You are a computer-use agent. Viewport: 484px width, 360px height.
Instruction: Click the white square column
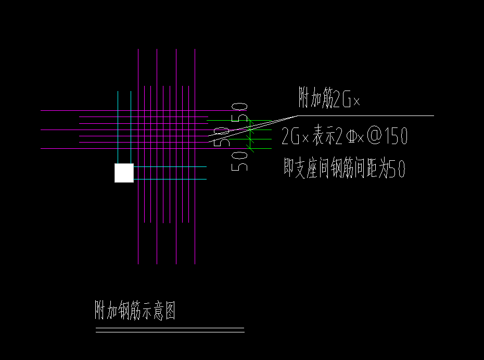[x=124, y=173]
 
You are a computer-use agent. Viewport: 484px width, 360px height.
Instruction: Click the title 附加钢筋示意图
[x=134, y=311]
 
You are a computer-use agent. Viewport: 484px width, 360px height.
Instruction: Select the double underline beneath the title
[x=170, y=330]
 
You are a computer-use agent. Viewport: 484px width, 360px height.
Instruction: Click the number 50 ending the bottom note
[x=397, y=170]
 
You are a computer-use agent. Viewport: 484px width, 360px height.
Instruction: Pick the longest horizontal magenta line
[x=130, y=111]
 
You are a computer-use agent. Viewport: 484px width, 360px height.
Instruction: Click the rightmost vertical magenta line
[x=195, y=208]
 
